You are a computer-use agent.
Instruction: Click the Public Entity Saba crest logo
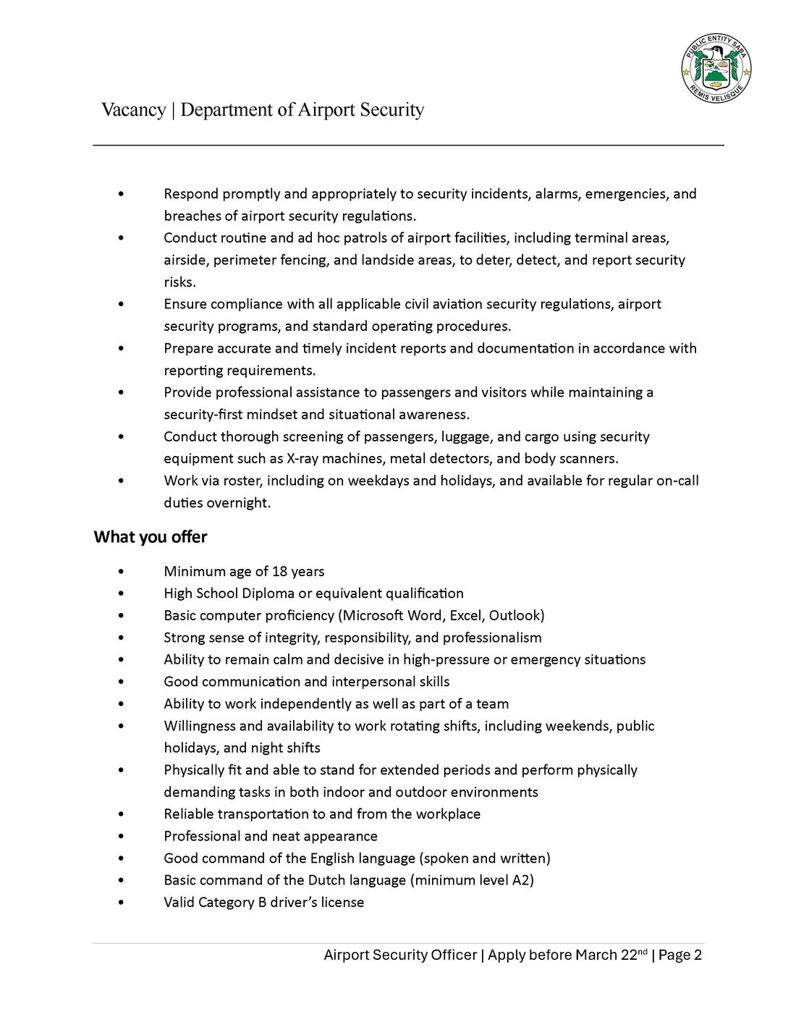point(716,70)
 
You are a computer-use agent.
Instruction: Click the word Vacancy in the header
point(134,110)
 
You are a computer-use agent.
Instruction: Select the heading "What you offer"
point(151,537)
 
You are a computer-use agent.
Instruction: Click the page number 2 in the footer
point(698,955)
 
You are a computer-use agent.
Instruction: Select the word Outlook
point(516,616)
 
